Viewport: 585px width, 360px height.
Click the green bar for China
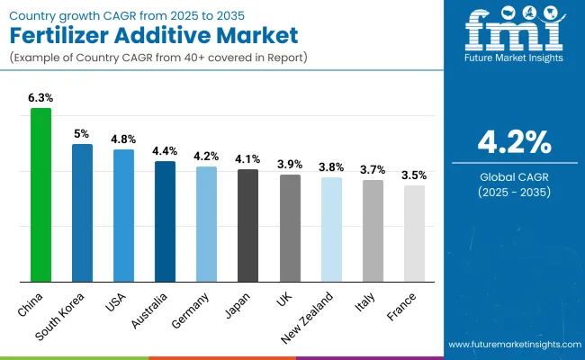(x=41, y=194)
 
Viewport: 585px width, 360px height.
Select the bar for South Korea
(x=83, y=212)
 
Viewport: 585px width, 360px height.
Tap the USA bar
(x=124, y=215)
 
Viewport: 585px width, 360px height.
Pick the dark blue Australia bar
(x=166, y=220)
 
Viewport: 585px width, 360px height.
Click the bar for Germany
(x=207, y=223)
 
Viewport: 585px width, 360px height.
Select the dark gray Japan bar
(x=248, y=225)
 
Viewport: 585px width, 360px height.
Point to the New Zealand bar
(x=331, y=229)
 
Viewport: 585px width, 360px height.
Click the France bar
(x=414, y=233)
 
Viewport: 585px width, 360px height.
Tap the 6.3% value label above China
(x=41, y=97)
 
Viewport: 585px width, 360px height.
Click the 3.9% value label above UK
(x=290, y=164)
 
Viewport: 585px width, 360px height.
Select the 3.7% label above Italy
(x=373, y=169)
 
